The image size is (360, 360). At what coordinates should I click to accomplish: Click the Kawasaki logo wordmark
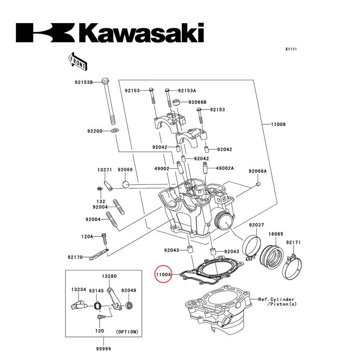pos(110,33)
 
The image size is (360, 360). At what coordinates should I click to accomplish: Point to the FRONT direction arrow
pos(77,61)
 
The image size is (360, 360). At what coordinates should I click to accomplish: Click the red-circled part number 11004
pos(163,275)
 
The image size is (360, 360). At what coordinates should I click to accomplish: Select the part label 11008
pos(278,124)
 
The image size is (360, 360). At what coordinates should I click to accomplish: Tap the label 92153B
pos(84,82)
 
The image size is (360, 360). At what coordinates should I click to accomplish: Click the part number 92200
pos(95,131)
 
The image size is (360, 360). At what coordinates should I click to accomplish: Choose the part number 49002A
pos(225,168)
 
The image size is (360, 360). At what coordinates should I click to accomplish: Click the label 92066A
pos(258,171)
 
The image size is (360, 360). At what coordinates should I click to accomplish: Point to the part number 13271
pos(104,170)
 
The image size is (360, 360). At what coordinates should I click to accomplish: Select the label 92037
pos(257,225)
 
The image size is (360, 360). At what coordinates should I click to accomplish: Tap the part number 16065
pos(275,234)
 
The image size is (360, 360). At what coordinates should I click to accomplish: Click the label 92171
pos(293,242)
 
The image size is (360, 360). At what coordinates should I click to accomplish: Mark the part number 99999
pos(103,348)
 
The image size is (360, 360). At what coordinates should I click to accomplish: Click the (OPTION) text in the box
pos(127,332)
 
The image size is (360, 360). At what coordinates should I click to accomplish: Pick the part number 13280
pos(109,276)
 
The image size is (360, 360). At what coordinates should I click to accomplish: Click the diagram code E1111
pos(291,49)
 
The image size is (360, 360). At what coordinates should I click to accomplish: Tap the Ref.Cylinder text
pos(276,300)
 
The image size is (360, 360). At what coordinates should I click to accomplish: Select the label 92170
pos(75,257)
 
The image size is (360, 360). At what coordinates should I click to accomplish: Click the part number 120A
pos(87,237)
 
